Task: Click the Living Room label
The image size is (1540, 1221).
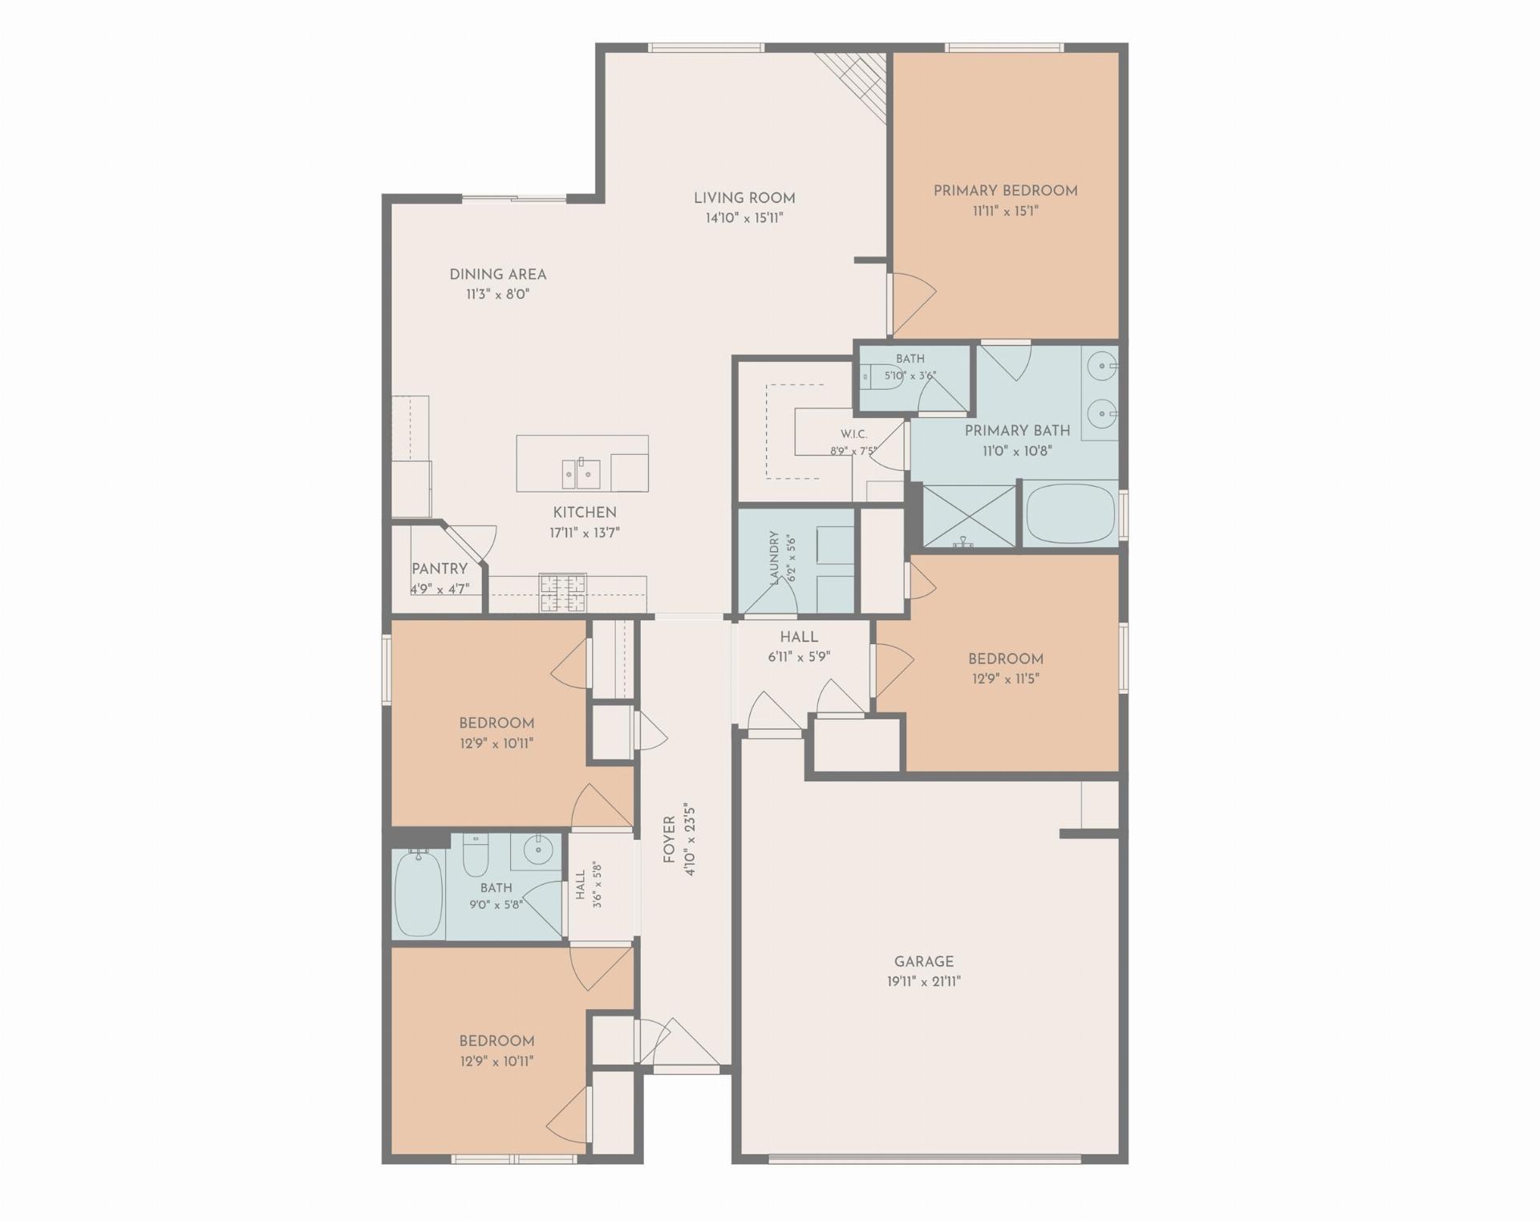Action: [x=744, y=198]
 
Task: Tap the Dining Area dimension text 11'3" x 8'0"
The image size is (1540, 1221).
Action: [x=498, y=294]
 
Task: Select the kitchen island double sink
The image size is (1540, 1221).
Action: [x=582, y=473]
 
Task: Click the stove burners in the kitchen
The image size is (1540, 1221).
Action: [x=562, y=593]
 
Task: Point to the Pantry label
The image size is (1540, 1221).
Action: [x=440, y=569]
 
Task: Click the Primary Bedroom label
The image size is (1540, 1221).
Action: [x=1005, y=191]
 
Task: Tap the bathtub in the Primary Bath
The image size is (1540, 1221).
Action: [x=1071, y=513]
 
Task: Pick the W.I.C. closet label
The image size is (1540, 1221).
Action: [x=853, y=434]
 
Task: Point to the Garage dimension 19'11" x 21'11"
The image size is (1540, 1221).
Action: [x=924, y=981]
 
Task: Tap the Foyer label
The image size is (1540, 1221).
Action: [x=669, y=840]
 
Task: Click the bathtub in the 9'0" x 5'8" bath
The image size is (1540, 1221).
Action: [x=419, y=892]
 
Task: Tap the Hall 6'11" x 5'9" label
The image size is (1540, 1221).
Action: [x=799, y=637]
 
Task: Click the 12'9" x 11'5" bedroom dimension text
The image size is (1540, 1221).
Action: [x=1005, y=679]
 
